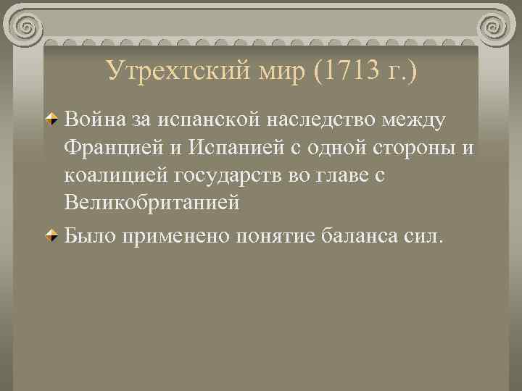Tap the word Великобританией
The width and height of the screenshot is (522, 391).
[x=152, y=203]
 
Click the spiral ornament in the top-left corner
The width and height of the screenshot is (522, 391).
[x=27, y=28]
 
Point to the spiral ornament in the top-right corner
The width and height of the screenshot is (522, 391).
[x=494, y=28]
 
